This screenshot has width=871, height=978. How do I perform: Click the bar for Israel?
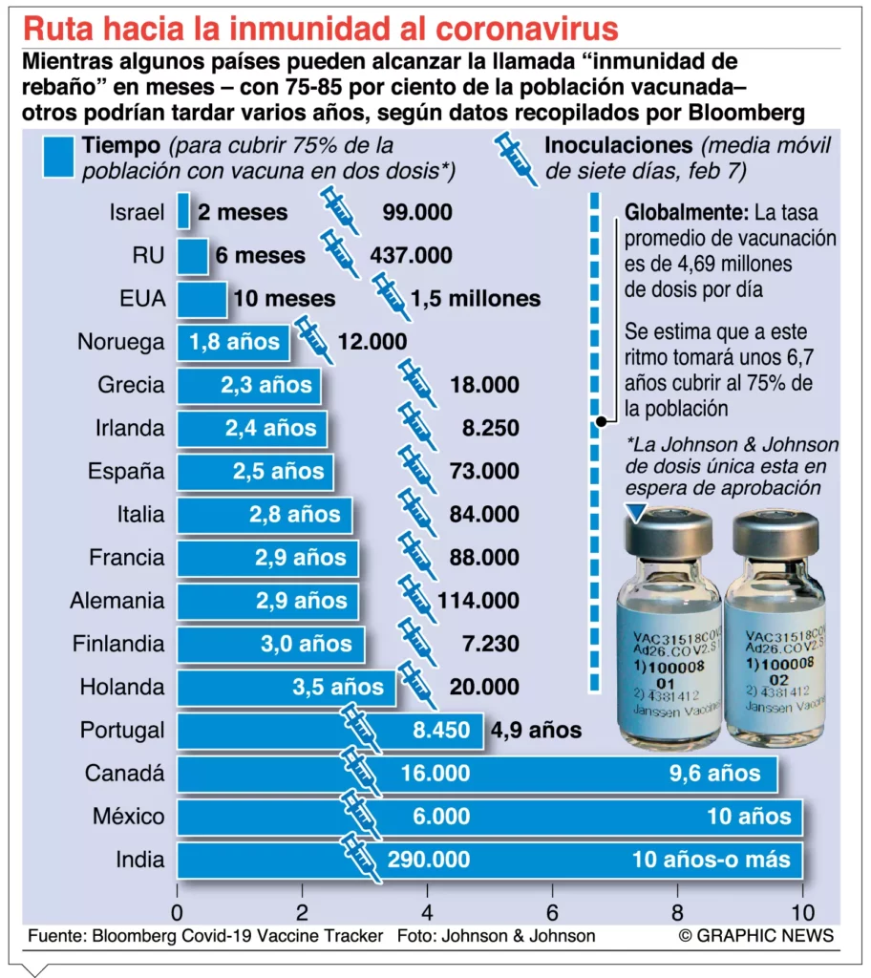tap(183, 212)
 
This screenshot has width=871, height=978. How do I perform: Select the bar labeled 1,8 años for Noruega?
tap(233, 342)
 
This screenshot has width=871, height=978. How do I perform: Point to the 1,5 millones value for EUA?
tap(475, 299)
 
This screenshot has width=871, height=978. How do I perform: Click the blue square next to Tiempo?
tap(58, 157)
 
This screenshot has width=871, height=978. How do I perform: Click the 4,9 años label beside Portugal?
tap(536, 731)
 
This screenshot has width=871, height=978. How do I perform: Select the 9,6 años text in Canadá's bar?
tap(721, 774)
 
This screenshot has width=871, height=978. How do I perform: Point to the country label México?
tap(128, 817)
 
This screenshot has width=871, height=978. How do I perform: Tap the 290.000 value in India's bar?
tap(428, 860)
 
